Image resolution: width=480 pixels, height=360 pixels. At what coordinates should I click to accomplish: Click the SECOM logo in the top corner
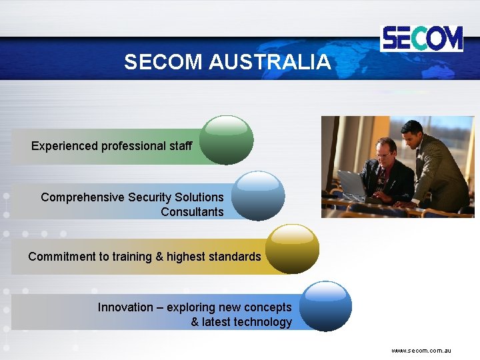point(421,39)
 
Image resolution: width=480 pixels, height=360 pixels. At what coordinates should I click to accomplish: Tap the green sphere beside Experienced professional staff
point(227,140)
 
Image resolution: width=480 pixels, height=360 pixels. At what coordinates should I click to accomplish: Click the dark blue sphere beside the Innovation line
point(325,306)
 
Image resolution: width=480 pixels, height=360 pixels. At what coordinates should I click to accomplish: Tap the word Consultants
point(192,212)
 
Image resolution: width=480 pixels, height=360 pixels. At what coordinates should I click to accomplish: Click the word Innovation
point(125,307)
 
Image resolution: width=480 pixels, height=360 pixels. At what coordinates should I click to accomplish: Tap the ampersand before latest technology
point(195,322)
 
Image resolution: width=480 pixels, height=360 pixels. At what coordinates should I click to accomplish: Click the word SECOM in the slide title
point(163,62)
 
